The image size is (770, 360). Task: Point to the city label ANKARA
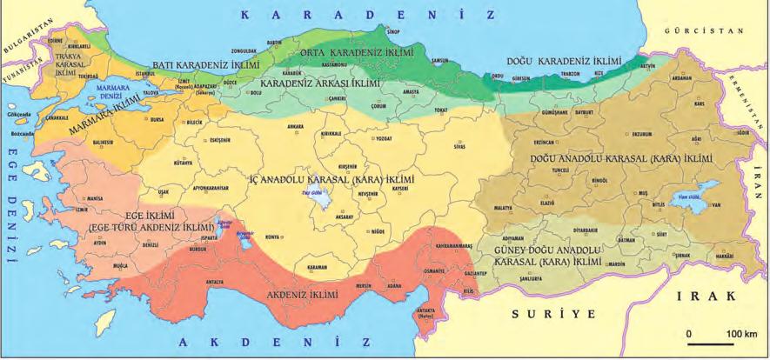pyautogui.click(x=294, y=126)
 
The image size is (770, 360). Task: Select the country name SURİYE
pyautogui.click(x=545, y=310)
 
